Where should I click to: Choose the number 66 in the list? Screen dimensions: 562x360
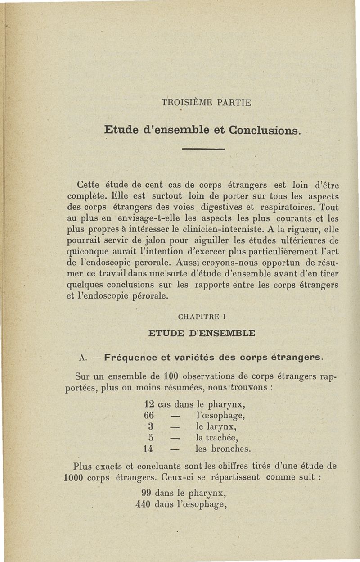point(149,415)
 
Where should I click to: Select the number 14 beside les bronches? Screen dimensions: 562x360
point(148,449)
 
